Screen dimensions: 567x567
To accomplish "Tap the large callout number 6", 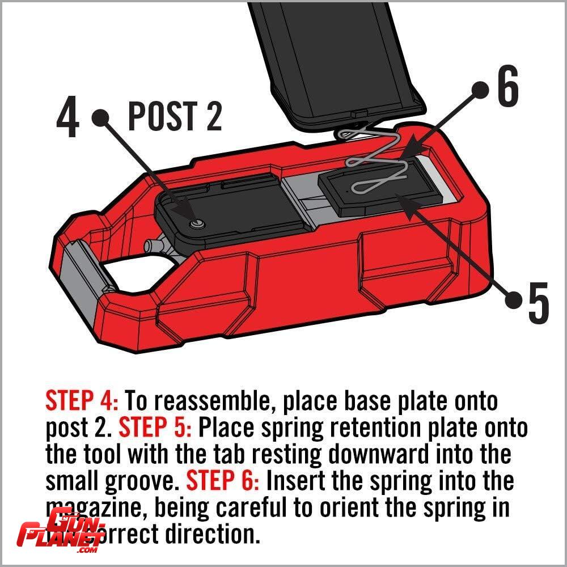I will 507,88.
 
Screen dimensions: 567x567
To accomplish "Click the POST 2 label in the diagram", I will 175,117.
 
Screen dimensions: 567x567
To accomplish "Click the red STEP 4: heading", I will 82,401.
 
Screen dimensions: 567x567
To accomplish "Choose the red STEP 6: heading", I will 223,482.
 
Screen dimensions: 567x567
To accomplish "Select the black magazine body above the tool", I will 335,57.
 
